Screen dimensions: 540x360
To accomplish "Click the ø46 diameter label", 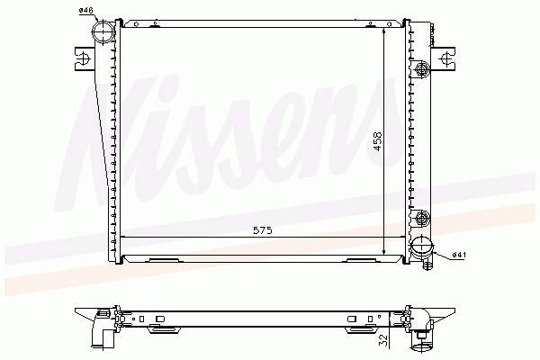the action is tap(86, 11).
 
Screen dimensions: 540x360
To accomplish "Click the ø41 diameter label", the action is tap(459, 255).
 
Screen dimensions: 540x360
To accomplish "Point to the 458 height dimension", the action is tap(378, 141).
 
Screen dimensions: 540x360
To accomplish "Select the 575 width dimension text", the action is tap(263, 230).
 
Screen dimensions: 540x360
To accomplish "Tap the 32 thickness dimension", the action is tap(383, 340).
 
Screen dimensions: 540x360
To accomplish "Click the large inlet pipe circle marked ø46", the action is tap(103, 32).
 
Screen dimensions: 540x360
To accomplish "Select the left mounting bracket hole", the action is tap(83, 58).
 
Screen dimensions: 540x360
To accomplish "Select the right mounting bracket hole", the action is tap(446, 58).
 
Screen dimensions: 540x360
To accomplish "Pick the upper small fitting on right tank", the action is tap(422, 69).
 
